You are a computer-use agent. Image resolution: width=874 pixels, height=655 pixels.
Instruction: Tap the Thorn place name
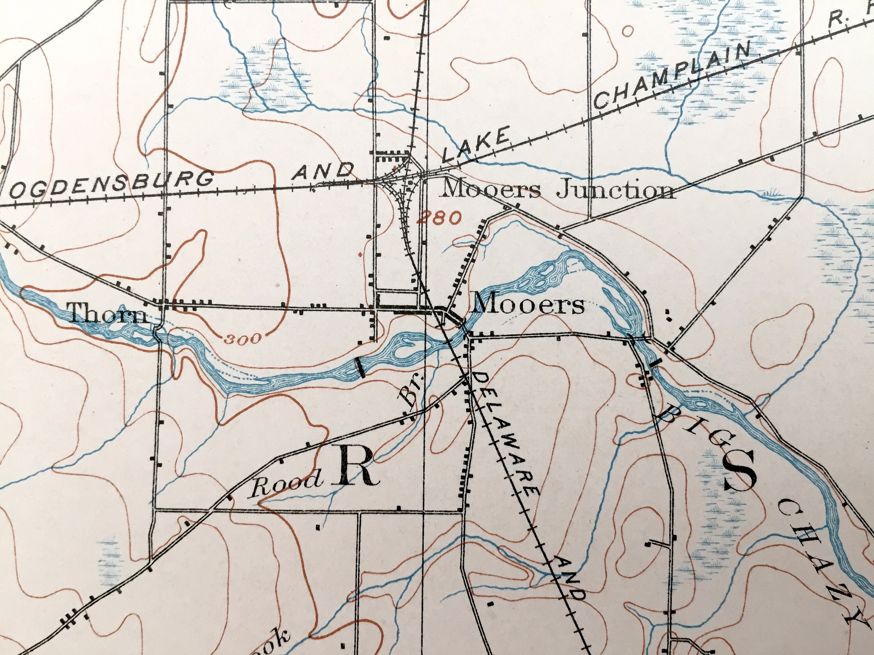pos(108,315)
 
